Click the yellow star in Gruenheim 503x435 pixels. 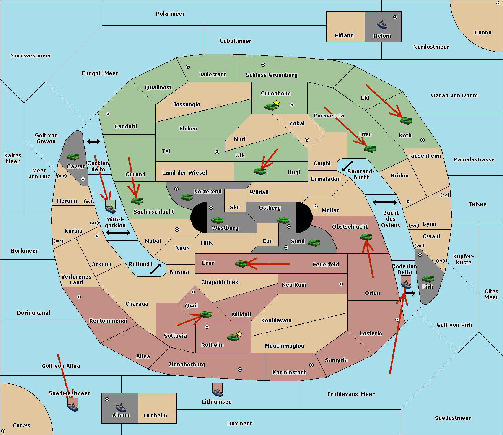pyautogui.click(x=276, y=103)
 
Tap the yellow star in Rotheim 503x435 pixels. pyautogui.click(x=239, y=334)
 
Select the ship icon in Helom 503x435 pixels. pyautogui.click(x=382, y=24)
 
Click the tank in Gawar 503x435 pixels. pyautogui.click(x=73, y=157)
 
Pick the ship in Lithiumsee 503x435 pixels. pyautogui.click(x=217, y=391)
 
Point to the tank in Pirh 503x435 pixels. pyautogui.click(x=428, y=279)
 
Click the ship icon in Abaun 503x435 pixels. pyautogui.click(x=121, y=407)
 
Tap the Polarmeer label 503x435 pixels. pyautogui.click(x=170, y=14)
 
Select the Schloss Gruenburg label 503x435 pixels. pyautogui.click(x=271, y=75)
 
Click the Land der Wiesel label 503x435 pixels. pyautogui.click(x=184, y=172)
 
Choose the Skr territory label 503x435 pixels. pyautogui.click(x=235, y=207)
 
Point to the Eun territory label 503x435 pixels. pyautogui.click(x=268, y=241)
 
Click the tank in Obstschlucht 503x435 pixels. pyautogui.click(x=366, y=237)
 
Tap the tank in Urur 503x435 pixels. pyautogui.click(x=241, y=263)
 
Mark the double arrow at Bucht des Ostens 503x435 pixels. pyautogui.click(x=384, y=203)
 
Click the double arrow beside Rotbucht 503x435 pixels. pyautogui.click(x=155, y=269)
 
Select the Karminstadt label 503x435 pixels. pyautogui.click(x=289, y=372)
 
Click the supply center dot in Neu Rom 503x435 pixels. pyautogui.click(x=341, y=284)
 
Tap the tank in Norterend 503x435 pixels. pyautogui.click(x=187, y=197)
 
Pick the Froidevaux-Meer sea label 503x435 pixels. pyautogui.click(x=351, y=394)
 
